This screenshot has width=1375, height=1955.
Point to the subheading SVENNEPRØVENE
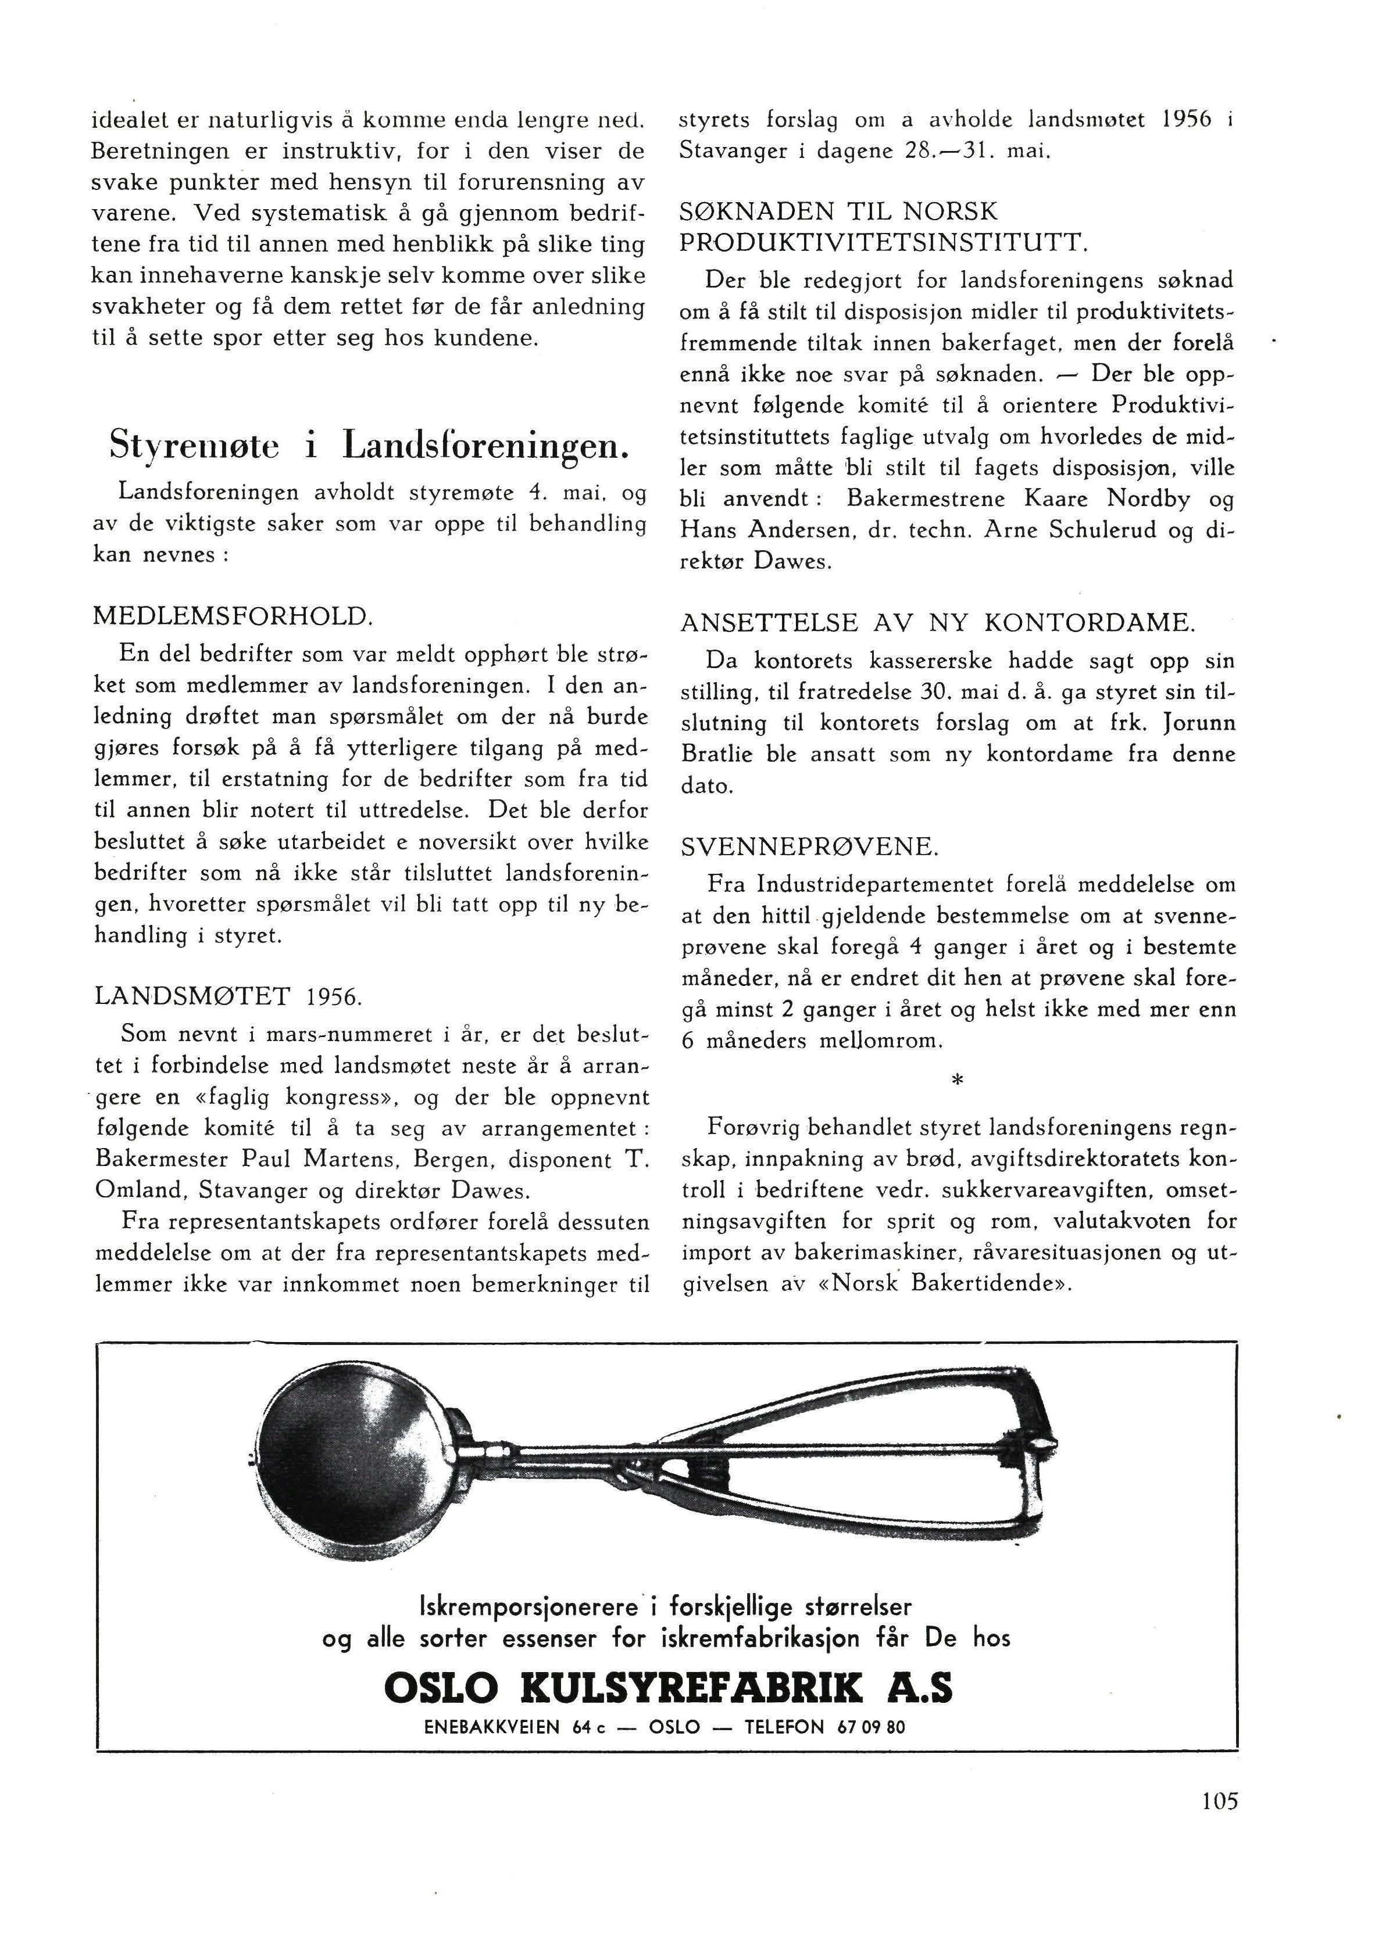809,846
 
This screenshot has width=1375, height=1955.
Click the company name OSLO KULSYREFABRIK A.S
668,1688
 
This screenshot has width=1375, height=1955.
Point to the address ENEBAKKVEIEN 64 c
520,1727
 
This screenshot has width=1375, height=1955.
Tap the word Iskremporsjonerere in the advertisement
528,1607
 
